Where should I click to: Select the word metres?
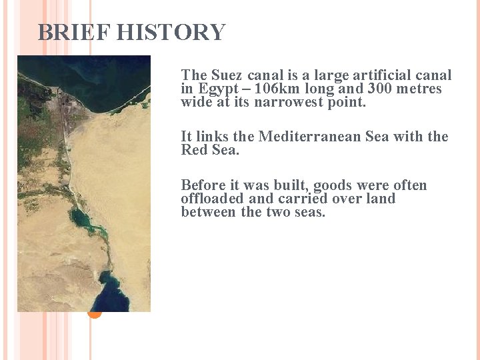[x=416, y=89]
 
